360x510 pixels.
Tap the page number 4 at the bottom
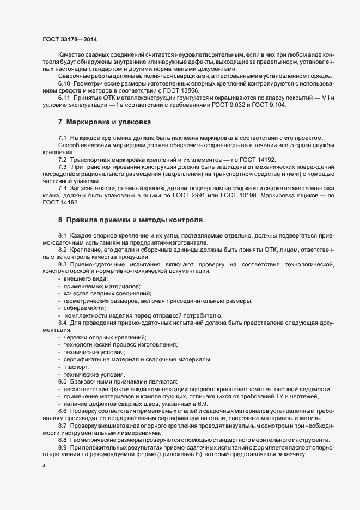(44, 466)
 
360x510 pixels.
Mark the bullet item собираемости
(84, 308)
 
